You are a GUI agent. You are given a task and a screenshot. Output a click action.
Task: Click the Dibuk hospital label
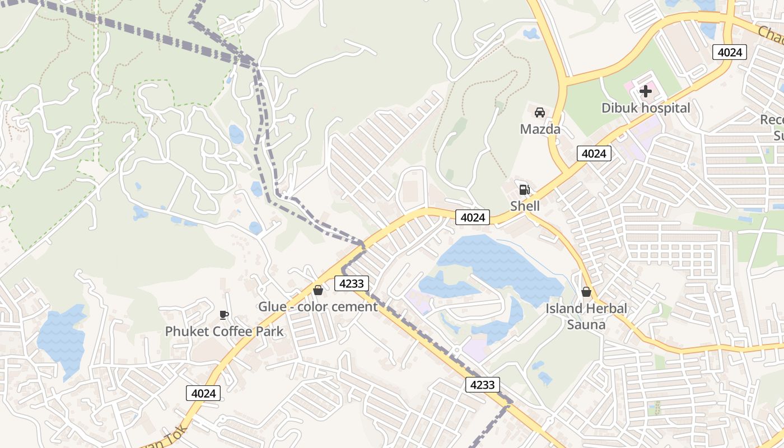[646, 108]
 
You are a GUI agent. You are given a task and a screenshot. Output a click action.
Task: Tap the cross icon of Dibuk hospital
[646, 91]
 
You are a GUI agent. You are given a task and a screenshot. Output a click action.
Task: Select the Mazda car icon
[540, 112]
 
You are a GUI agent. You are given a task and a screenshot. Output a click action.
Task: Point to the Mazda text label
[540, 129]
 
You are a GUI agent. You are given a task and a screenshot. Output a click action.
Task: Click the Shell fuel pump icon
[524, 190]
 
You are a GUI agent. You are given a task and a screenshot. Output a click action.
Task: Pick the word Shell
[525, 206]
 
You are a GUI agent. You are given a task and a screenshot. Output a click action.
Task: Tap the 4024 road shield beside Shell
[473, 217]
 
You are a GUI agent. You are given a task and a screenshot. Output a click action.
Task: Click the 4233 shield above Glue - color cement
[352, 283]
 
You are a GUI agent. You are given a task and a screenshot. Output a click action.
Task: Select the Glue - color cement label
[318, 307]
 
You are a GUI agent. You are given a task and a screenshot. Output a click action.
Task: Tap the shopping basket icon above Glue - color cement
[318, 290]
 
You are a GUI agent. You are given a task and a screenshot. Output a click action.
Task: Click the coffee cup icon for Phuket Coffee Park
[224, 315]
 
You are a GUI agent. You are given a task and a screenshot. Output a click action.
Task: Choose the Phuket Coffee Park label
[224, 332]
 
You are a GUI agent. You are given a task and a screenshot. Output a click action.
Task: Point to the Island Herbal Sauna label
[586, 316]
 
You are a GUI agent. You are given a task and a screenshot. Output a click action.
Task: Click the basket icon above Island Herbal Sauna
[586, 292]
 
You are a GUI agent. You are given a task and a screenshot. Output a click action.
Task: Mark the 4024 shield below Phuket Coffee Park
[203, 393]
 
